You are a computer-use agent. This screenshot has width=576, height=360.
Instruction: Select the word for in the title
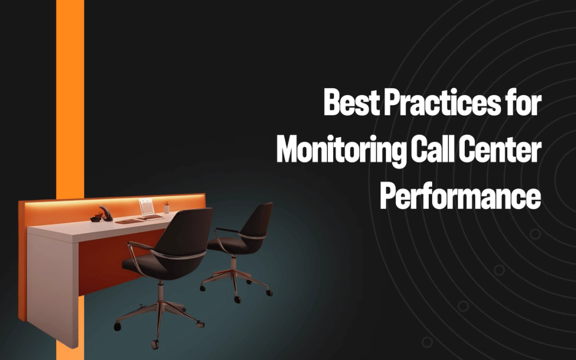(x=523, y=103)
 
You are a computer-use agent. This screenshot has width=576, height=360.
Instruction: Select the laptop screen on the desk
(x=147, y=207)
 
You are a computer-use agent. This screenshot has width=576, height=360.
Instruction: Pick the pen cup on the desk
(x=167, y=209)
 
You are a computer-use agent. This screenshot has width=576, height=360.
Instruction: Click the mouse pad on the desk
(x=129, y=221)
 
